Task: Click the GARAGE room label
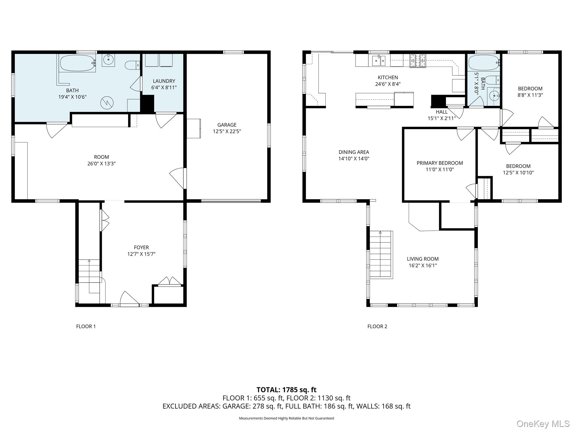tap(227, 125)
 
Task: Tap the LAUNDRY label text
tap(164, 81)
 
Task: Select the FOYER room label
tap(141, 247)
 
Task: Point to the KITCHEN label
tap(388, 78)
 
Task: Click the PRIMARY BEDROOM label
tap(440, 163)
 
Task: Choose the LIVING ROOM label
tap(423, 259)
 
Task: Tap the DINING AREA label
tap(354, 152)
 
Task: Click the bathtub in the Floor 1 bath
tap(78, 63)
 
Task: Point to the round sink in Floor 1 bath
tap(108, 59)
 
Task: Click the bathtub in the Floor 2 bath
tap(484, 62)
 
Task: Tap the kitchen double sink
tap(379, 60)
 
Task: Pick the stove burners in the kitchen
tap(417, 61)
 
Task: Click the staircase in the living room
tap(381, 255)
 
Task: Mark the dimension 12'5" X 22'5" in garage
tap(227, 131)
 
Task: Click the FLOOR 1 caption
tap(86, 326)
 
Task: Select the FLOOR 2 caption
tap(377, 326)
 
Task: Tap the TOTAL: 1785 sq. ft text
tap(286, 390)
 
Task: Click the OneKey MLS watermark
tap(543, 424)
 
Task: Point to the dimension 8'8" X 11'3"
tap(530, 95)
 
